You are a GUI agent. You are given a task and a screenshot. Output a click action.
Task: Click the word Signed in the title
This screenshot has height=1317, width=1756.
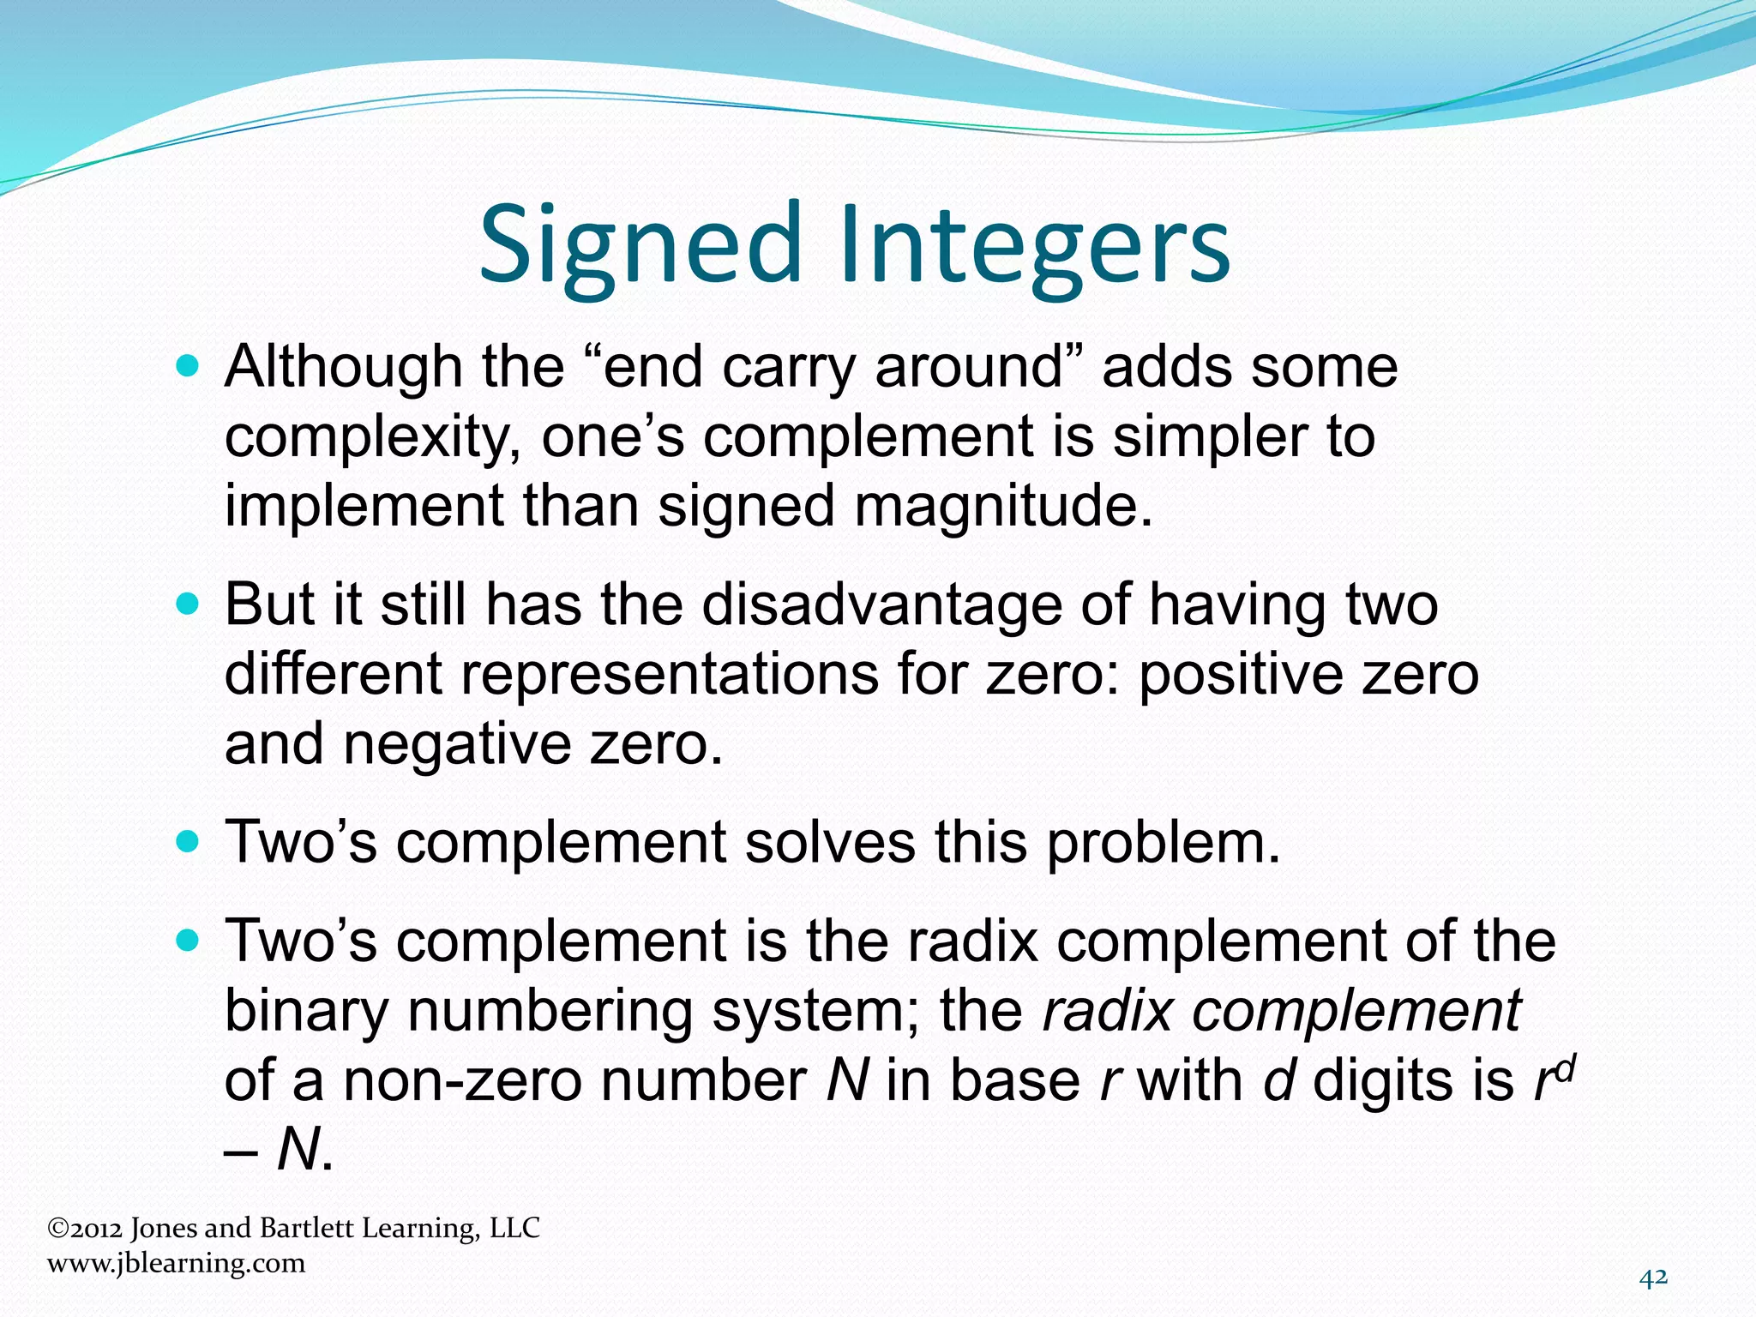639,245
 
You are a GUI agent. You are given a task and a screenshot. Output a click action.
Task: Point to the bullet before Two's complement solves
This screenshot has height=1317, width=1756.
186,842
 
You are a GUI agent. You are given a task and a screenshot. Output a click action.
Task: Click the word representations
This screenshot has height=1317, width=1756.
670,674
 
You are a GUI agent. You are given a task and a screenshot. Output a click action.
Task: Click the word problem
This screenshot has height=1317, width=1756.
1162,842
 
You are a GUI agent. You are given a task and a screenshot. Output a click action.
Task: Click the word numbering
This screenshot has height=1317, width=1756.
550,1011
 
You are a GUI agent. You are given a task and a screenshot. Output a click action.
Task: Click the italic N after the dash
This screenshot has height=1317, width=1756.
299,1149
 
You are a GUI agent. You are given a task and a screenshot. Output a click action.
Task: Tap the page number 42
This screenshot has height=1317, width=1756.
1653,1278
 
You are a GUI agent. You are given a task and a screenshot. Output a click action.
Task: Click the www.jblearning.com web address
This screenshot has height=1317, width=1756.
176,1263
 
